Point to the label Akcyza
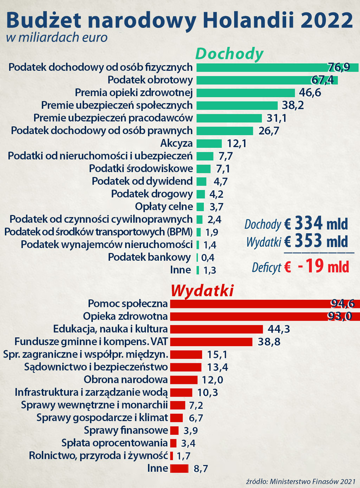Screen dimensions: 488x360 [176, 144]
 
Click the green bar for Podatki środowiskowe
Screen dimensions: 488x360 [203, 169]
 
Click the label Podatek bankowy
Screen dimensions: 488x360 [149, 257]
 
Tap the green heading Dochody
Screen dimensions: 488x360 [229, 54]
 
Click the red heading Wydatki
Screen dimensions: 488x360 [202, 290]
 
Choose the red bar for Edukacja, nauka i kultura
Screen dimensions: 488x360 [216, 329]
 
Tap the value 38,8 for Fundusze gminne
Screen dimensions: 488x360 [270, 342]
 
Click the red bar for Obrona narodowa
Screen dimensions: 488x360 [184, 380]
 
